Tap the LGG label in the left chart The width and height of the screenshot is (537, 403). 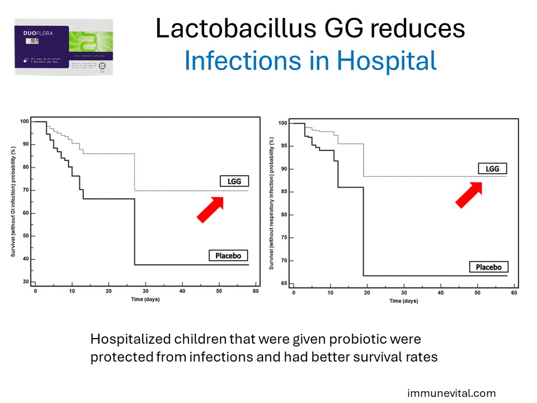pos(234,181)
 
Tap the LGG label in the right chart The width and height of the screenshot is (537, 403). pos(492,168)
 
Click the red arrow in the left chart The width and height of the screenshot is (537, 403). pos(210,209)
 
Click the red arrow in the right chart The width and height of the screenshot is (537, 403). pos(469,194)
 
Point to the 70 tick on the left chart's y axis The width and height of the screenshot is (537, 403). pos(25,190)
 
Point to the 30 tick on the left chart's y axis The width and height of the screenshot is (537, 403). pos(25,282)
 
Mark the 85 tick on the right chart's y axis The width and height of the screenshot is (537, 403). pos(283,192)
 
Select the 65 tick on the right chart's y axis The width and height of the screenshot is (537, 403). pos(283,284)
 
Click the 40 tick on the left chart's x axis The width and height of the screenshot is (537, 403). pos(182,291)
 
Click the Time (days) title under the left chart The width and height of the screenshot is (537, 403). pos(144,299)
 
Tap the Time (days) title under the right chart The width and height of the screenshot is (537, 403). pos(403,301)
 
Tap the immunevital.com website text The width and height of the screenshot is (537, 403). pos(451,393)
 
